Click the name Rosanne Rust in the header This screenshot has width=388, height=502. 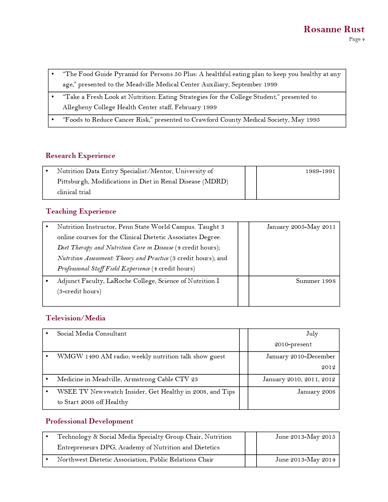tap(334, 29)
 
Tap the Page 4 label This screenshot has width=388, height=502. tap(357, 39)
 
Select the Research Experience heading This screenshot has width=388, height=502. tap(80, 156)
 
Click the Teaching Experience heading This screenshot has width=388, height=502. tap(81, 211)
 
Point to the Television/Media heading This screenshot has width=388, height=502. tap(75, 318)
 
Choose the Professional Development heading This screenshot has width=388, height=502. tap(89, 421)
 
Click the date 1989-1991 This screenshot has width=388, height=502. tap(320, 171)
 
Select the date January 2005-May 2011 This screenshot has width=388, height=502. tap(301, 227)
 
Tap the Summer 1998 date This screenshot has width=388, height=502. tap(316, 281)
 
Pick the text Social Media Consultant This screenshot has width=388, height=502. tap(92, 334)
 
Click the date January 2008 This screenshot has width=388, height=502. tap(316, 392)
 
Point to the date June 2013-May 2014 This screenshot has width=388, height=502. tap(305, 460)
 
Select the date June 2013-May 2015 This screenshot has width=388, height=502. tap(305, 437)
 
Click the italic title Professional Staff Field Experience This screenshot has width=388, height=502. tap(103, 269)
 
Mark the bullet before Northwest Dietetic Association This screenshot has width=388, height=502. tap(47, 459)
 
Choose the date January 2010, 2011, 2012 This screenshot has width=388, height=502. tap(299, 379)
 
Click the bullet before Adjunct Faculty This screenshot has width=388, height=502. tap(47, 281)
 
